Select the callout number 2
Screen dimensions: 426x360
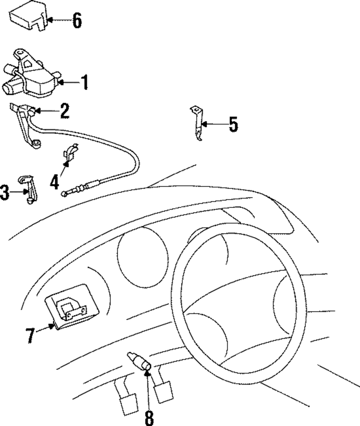pos(65,111)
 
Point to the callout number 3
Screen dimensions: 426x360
pos(4,192)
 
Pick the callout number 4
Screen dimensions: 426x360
pos(54,182)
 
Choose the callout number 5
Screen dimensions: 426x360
pos(233,125)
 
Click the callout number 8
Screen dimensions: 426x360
pos(149,418)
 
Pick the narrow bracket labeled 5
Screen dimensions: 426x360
pos(197,123)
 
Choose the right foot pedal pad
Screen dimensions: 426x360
pos(163,391)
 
